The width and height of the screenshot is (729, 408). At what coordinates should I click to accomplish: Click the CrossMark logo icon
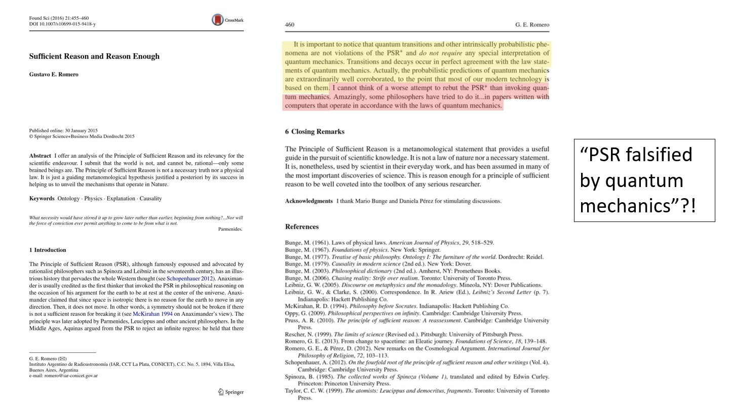pos(217,20)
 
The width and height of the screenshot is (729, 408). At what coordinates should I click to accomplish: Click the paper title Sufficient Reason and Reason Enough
pos(94,56)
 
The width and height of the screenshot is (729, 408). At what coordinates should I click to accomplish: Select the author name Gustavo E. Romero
pos(54,75)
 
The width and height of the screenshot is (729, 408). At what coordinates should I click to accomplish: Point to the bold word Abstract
pos(40,156)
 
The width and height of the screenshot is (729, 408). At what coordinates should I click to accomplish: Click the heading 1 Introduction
pos(48,250)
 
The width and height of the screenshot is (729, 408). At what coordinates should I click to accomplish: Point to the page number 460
pos(290,25)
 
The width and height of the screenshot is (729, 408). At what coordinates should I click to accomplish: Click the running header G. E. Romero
pos(532,25)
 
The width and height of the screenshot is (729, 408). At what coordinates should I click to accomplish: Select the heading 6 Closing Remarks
pos(315,132)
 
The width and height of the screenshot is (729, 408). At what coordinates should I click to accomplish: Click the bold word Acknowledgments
pos(309,201)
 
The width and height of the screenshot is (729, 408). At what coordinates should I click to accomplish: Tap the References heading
pos(302,227)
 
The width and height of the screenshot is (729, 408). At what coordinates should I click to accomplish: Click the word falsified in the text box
pos(661,155)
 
